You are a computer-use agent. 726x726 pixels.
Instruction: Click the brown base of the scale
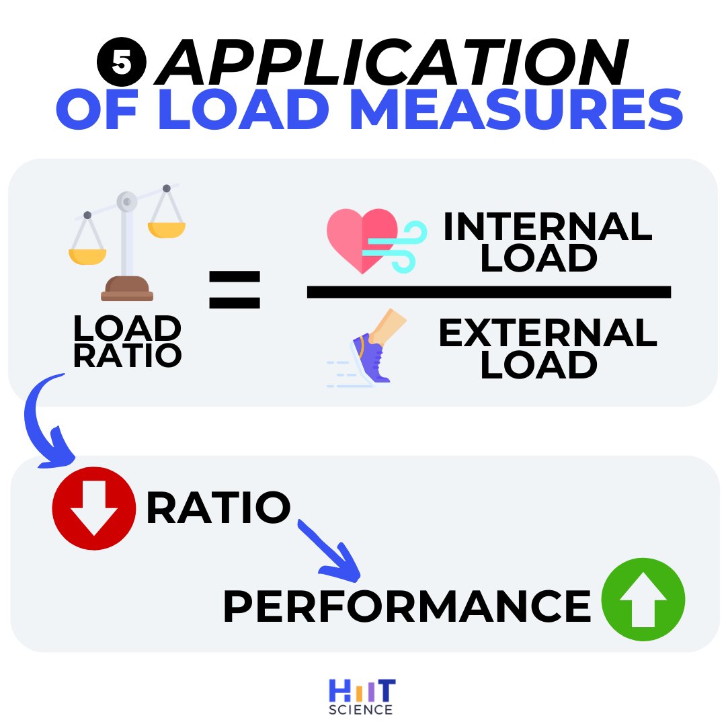click(x=127, y=289)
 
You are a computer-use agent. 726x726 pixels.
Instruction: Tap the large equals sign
click(x=234, y=290)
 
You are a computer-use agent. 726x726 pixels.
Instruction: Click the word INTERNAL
click(x=547, y=227)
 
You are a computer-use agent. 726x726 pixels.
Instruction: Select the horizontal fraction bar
click(x=489, y=291)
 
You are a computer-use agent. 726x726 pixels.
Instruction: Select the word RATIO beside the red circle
click(x=218, y=509)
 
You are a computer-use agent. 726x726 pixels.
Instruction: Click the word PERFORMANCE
click(x=407, y=606)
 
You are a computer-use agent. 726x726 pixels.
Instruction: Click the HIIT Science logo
click(x=362, y=696)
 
